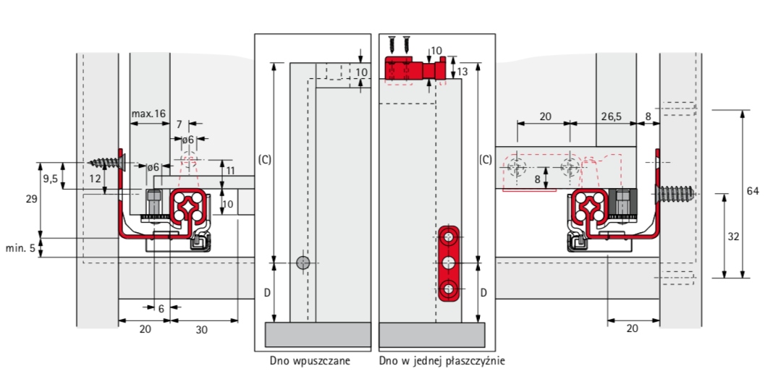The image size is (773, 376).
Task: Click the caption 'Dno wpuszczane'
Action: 310,362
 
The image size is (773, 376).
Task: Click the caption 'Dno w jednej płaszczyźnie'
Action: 442,362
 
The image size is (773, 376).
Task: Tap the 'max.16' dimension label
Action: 148,114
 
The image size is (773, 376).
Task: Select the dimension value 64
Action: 752,191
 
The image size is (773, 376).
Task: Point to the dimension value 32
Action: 734,236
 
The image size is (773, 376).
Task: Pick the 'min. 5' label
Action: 21,248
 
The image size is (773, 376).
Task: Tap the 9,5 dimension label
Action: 50,179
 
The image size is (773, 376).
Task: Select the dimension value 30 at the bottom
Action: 201,330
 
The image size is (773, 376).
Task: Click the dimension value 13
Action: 462,71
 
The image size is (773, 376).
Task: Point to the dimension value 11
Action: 229,171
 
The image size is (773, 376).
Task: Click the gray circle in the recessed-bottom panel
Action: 303,262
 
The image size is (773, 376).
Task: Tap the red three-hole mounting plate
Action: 449,263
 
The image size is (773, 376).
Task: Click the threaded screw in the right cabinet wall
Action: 674,195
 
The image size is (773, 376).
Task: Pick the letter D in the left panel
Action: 266,294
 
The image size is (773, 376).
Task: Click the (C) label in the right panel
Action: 485,160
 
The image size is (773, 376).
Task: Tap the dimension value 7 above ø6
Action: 179,124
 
